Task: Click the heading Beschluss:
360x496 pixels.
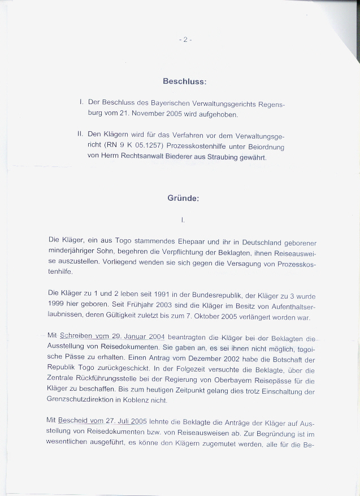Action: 184,81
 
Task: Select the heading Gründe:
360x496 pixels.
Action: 183,199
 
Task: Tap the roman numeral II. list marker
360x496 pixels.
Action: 80,135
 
